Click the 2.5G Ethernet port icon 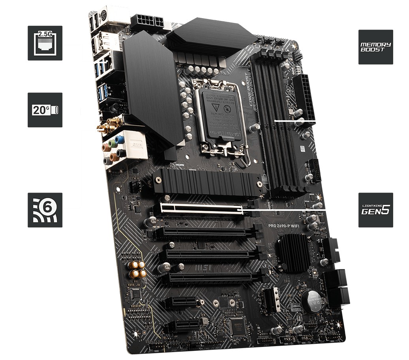[x=45, y=43]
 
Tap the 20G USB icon [x=45, y=110]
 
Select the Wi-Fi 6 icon [x=45, y=210]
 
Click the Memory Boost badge [x=375, y=47]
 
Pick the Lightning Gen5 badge [x=375, y=210]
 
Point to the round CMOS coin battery [x=313, y=300]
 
